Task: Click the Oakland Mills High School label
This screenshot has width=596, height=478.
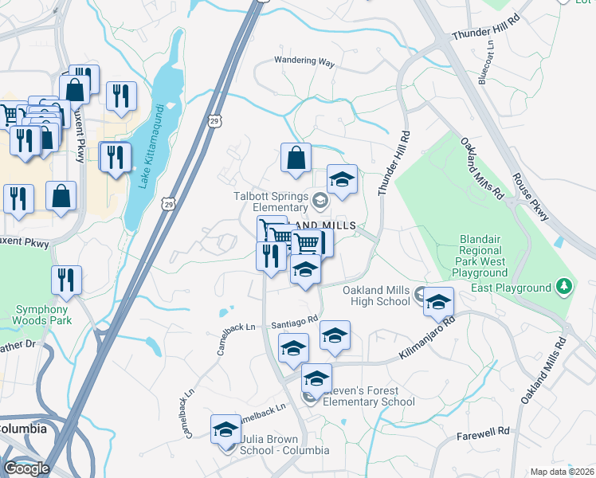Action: point(376,296)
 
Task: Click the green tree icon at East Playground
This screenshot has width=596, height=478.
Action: point(564,286)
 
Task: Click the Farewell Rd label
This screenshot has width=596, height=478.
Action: point(483,435)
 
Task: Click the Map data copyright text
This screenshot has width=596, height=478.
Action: point(562,472)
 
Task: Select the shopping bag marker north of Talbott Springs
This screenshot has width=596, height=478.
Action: point(296,159)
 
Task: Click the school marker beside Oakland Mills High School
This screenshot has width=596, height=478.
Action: point(437,302)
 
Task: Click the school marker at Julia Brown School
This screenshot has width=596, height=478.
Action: point(226,429)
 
